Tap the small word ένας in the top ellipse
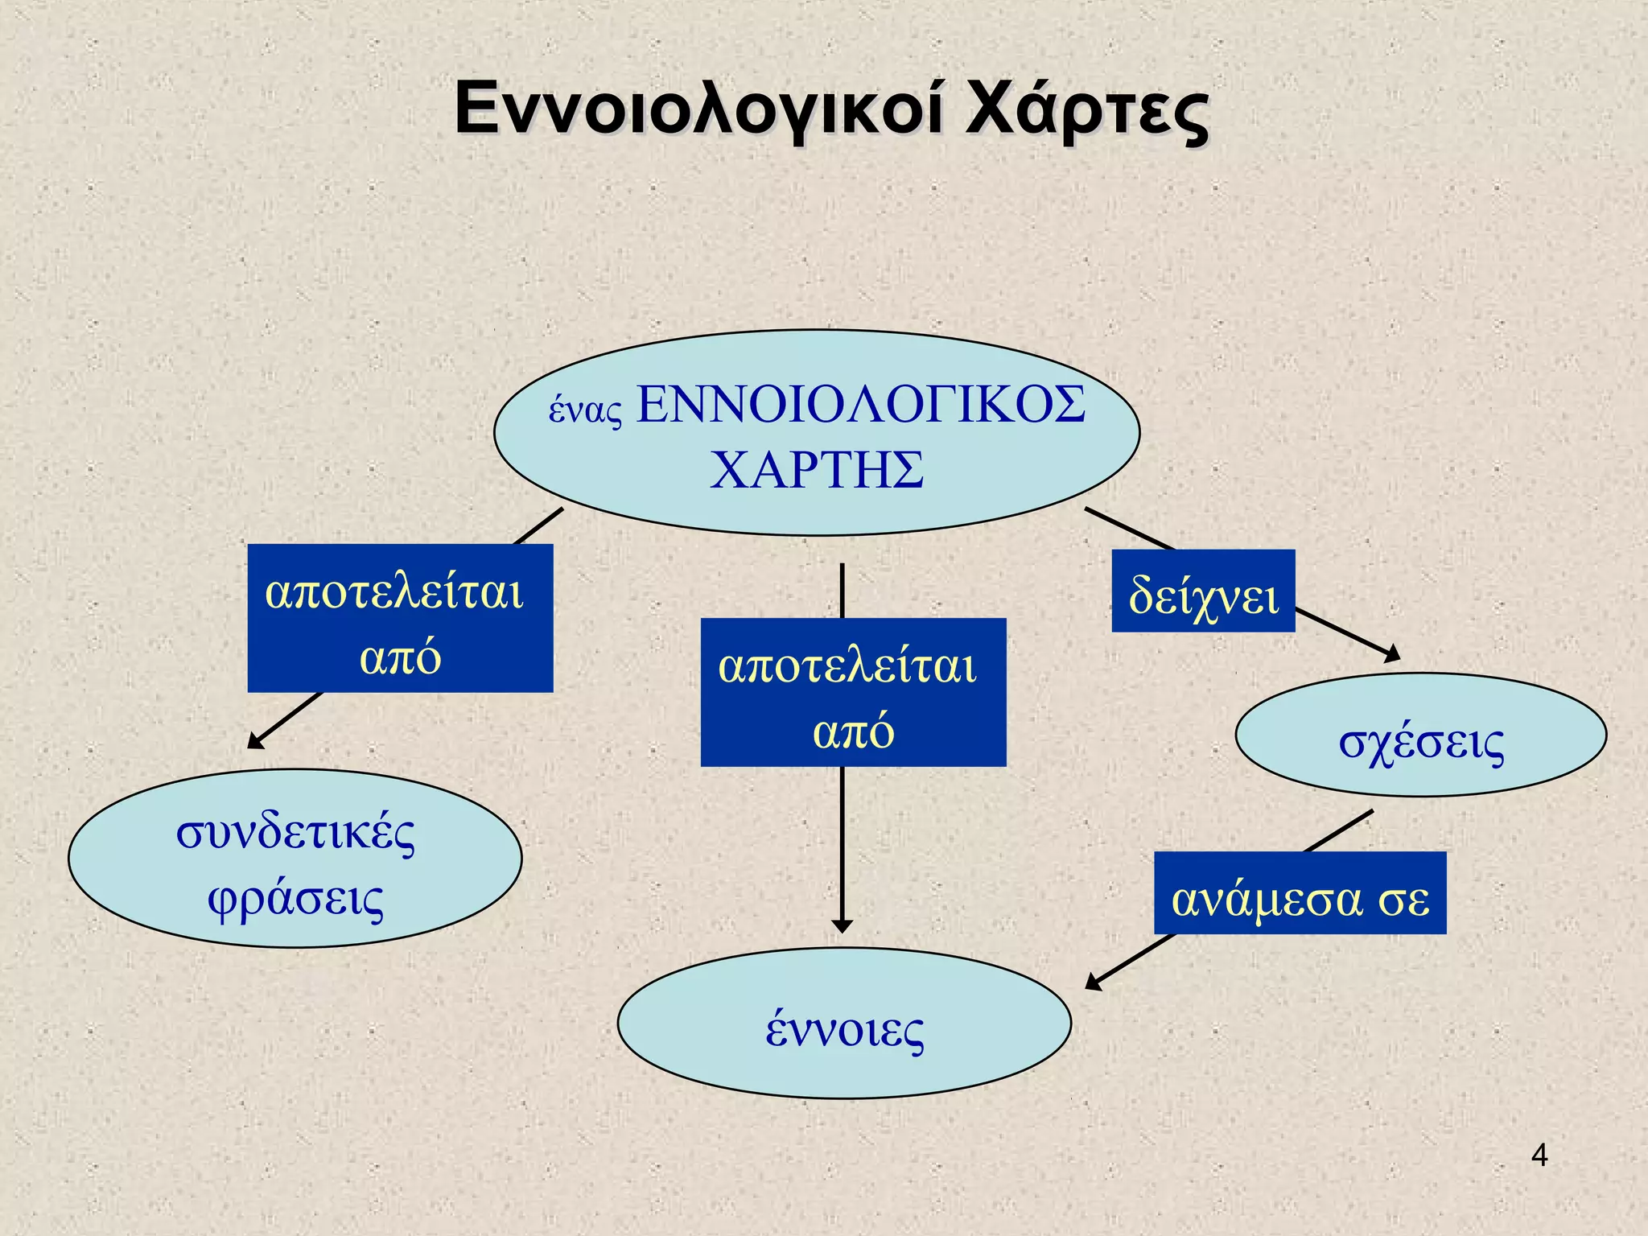(585, 410)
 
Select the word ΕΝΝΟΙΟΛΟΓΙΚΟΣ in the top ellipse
(861, 404)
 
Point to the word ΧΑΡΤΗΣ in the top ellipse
(817, 470)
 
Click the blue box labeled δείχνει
(1203, 591)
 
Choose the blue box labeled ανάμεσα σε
(1300, 893)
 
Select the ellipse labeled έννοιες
(844, 1024)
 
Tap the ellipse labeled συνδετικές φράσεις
(295, 859)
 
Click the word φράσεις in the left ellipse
(295, 899)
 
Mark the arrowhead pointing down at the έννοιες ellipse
(842, 925)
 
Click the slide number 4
(1539, 1156)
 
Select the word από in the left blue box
(400, 658)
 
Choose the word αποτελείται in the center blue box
(847, 666)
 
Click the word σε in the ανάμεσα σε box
(1403, 900)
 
